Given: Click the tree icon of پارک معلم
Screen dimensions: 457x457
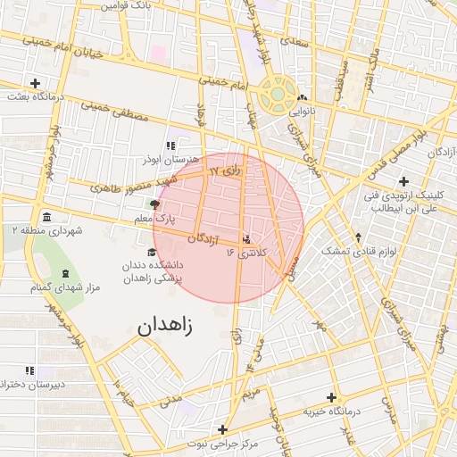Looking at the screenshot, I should click(x=156, y=204).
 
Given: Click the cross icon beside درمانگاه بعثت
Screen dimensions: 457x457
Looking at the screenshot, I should click(x=35, y=82).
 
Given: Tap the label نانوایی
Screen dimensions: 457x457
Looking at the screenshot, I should click(x=302, y=112).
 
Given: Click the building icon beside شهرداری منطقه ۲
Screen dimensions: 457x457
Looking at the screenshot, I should click(x=46, y=217).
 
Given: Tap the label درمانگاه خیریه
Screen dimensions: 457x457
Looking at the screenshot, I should click(x=331, y=411).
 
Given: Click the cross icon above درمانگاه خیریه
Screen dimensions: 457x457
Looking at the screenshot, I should click(x=332, y=398).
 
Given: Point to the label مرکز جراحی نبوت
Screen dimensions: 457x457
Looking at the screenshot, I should click(x=222, y=443).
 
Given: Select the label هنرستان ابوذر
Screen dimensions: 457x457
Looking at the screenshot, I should click(x=167, y=159).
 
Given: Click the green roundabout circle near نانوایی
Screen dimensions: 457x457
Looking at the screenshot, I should click(x=278, y=92).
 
